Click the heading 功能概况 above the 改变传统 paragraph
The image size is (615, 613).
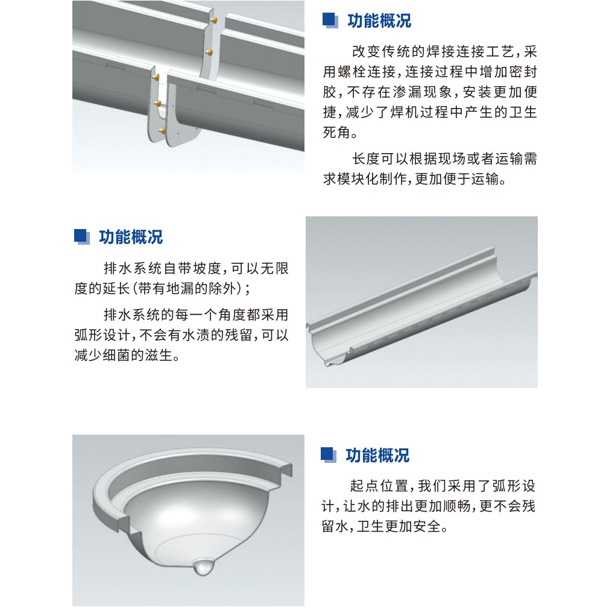(379, 20)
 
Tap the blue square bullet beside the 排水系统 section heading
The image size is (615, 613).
(81, 236)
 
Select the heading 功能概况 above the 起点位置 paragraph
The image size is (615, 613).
(377, 455)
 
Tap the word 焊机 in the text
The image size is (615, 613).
(405, 113)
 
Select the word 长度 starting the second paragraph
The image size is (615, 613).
(366, 159)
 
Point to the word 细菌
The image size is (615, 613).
(116, 356)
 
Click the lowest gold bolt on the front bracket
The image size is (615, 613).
(162, 130)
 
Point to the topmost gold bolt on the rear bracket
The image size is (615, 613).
(214, 19)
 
